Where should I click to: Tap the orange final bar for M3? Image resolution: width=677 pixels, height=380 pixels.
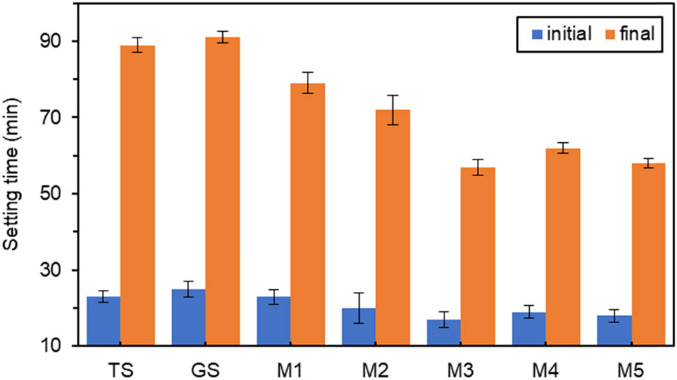pyautogui.click(x=478, y=257)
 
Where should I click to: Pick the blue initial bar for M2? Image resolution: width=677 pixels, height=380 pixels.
pyautogui.click(x=358, y=327)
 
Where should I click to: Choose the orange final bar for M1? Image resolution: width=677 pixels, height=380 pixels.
pyautogui.click(x=308, y=214)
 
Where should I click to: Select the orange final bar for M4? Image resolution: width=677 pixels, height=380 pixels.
pyautogui.click(x=562, y=247)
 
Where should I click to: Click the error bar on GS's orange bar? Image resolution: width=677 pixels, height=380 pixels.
pyautogui.click(x=222, y=37)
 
